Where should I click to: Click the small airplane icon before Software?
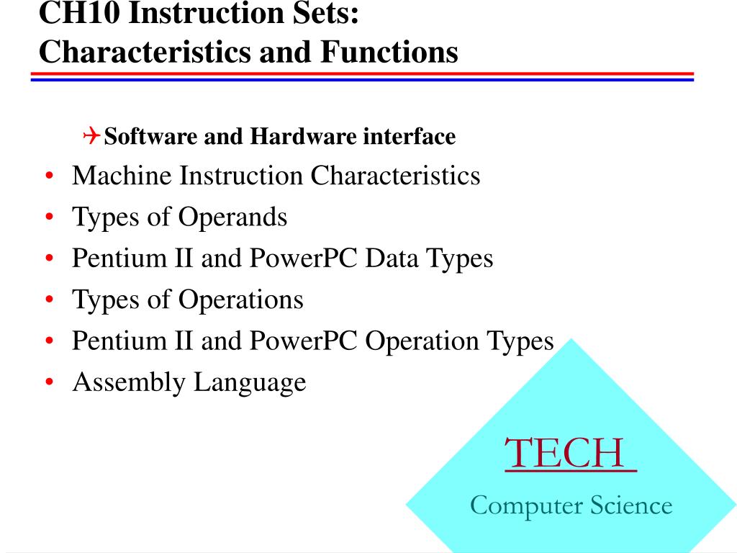(x=91, y=135)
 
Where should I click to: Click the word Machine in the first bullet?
(x=122, y=176)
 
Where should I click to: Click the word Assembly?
(x=130, y=382)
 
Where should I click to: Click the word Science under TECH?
(x=631, y=505)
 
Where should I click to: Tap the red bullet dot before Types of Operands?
(x=49, y=218)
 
